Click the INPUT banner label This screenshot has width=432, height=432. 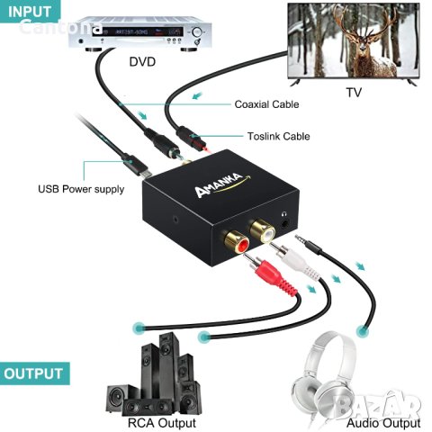coord(31,11)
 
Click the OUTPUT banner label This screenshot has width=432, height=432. coord(34,373)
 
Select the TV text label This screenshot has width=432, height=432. coord(355,93)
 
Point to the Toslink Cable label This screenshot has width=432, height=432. coord(278,137)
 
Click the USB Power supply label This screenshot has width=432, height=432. coord(80,189)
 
